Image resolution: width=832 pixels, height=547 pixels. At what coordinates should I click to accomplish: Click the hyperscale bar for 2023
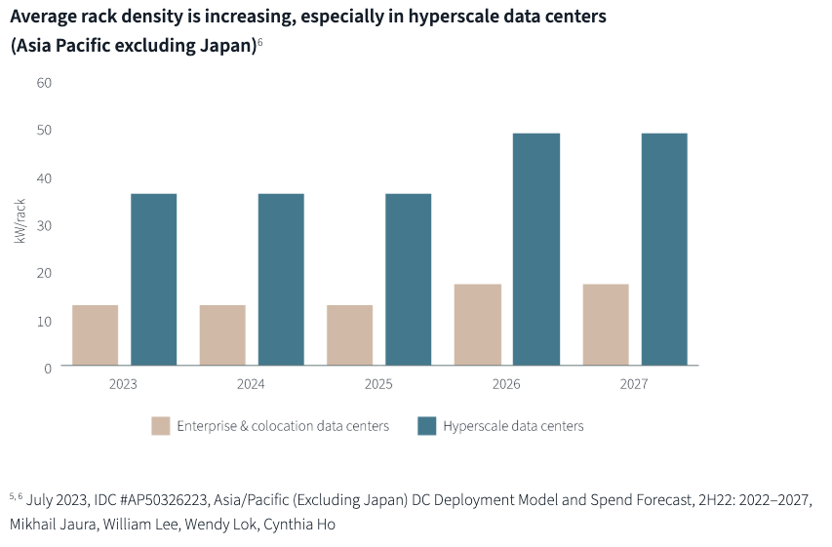tap(153, 280)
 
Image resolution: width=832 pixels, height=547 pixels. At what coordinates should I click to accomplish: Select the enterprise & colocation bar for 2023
tap(95, 335)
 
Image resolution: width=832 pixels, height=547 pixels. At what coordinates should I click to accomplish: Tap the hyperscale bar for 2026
tap(536, 250)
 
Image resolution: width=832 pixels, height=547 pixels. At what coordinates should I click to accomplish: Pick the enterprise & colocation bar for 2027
tap(606, 325)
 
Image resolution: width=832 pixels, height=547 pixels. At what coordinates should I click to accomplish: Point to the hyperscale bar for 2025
tap(408, 280)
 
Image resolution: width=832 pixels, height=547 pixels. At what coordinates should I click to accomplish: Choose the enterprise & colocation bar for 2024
tap(222, 335)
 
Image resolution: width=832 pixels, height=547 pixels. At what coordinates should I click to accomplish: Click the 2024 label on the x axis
tap(251, 384)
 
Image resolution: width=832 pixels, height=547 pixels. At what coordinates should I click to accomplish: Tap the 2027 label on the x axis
tap(634, 384)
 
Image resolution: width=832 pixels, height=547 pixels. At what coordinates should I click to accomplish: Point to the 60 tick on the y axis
tap(44, 82)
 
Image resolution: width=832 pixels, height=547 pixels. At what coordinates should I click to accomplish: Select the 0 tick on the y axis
tap(47, 368)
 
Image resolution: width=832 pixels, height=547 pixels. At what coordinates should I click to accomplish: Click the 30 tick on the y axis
tap(44, 225)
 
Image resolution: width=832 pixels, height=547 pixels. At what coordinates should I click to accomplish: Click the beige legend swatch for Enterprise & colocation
tap(161, 426)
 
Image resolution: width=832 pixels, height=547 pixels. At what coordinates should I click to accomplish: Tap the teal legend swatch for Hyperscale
tap(426, 426)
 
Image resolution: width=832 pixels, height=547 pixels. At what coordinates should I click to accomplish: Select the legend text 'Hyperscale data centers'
tap(513, 426)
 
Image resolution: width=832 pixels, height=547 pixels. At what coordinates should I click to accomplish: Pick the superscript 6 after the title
tap(260, 41)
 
